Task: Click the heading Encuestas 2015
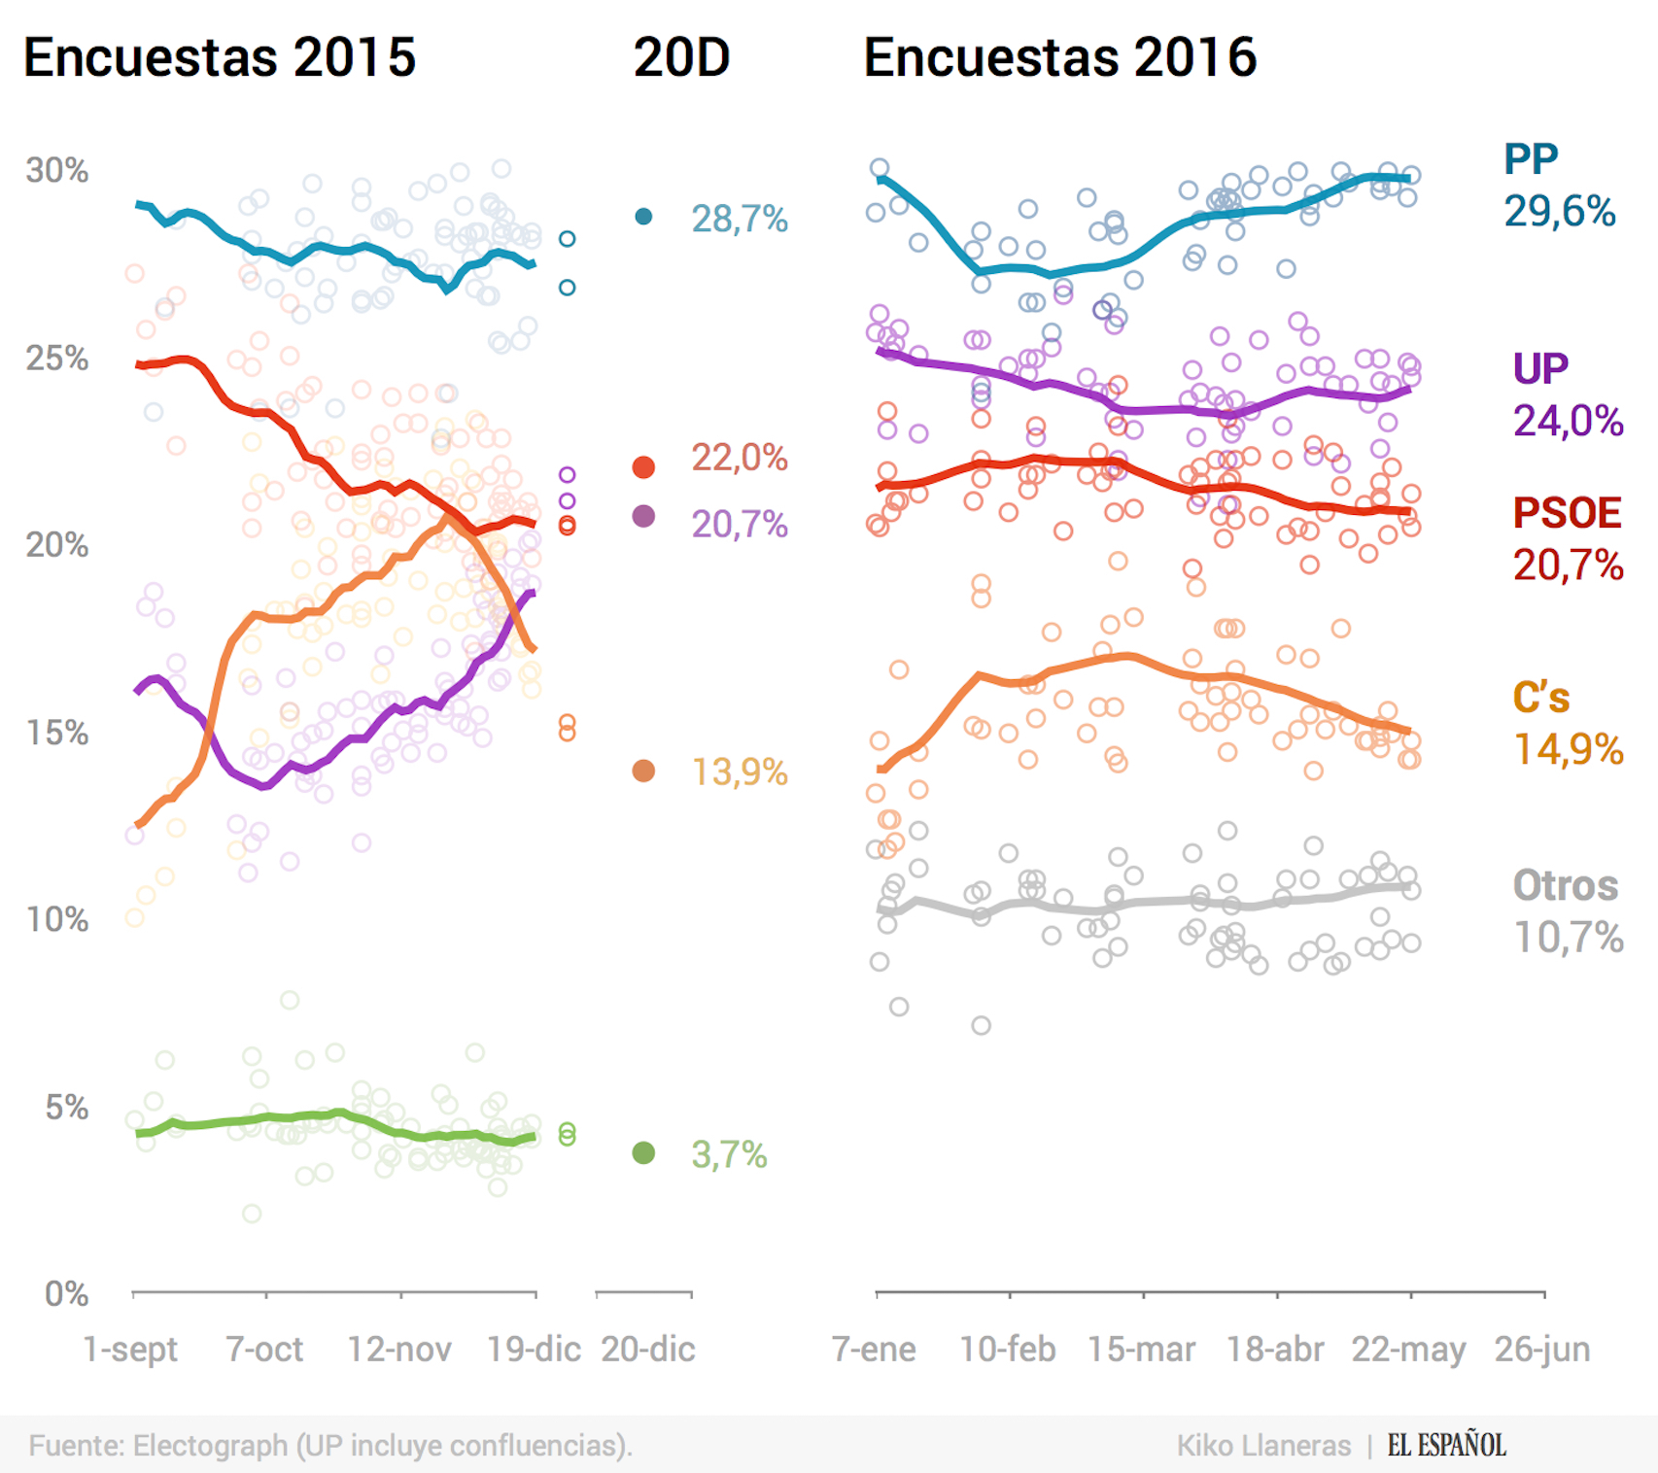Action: coord(220,57)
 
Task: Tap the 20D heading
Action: coord(681,57)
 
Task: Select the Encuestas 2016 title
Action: coord(1059,57)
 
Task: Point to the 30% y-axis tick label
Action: coord(56,171)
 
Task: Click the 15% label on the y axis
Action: coord(56,733)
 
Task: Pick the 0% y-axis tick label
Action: coord(66,1294)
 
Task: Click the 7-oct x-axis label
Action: coord(264,1350)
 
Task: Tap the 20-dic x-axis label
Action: coord(648,1350)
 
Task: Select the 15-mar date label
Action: coord(1141,1350)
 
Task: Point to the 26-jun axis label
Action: coord(1542,1350)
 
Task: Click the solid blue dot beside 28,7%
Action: coord(643,217)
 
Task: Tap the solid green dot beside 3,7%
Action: coord(643,1153)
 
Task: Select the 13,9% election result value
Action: coord(739,772)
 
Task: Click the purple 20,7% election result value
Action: coord(739,525)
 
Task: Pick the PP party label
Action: coord(1531,158)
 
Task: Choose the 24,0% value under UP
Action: coord(1568,422)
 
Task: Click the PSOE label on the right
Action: coord(1567,513)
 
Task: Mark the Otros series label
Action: coord(1566,886)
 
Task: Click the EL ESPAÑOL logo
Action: coord(1446,1445)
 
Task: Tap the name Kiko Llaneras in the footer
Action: coord(1263,1446)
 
